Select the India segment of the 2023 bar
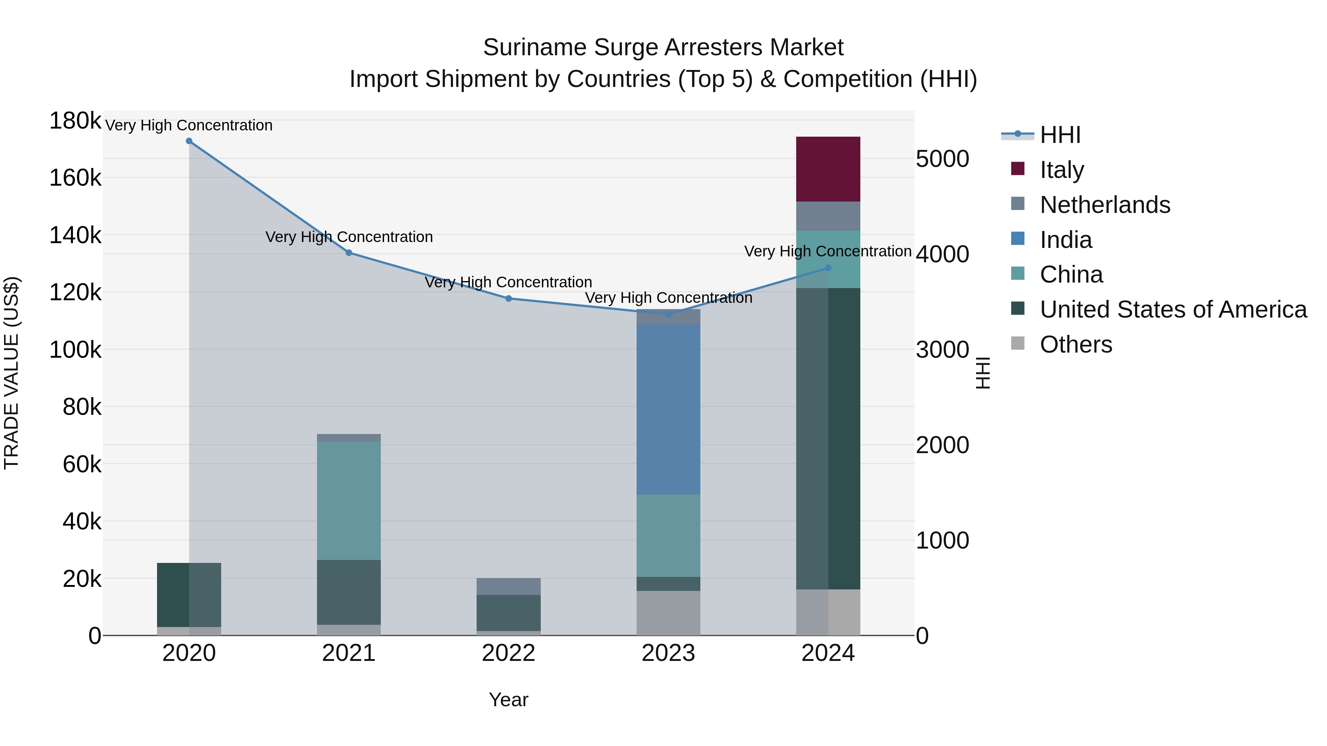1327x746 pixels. [668, 409]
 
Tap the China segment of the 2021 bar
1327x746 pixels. [349, 500]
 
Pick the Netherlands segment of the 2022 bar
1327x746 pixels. [508, 586]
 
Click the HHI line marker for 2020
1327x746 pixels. [189, 141]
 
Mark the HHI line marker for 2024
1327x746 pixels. [828, 268]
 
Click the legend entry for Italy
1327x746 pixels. [1061, 170]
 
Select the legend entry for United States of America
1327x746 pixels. [1173, 309]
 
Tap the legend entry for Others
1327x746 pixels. [1076, 344]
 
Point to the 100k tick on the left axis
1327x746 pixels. [75, 350]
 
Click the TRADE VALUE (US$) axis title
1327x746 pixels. [11, 373]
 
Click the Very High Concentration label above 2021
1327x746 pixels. [349, 237]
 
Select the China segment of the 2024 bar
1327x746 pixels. [828, 259]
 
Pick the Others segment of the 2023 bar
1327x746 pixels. [668, 613]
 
